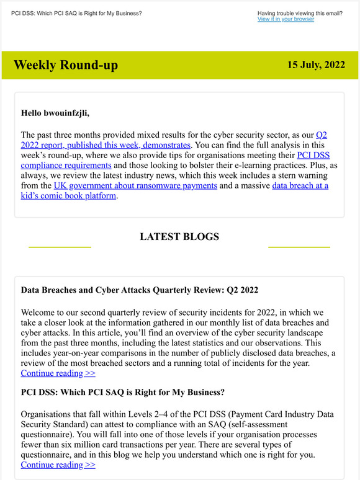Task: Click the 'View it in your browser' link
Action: pos(286,19)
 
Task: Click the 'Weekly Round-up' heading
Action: pos(65,65)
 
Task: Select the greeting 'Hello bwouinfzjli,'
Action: pos(55,113)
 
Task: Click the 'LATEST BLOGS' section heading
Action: pos(179,236)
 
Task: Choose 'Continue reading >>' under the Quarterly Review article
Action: pos(58,373)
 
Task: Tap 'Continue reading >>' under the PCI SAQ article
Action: pos(58,464)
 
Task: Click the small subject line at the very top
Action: pos(76,13)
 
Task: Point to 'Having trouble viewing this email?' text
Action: pos(300,13)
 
